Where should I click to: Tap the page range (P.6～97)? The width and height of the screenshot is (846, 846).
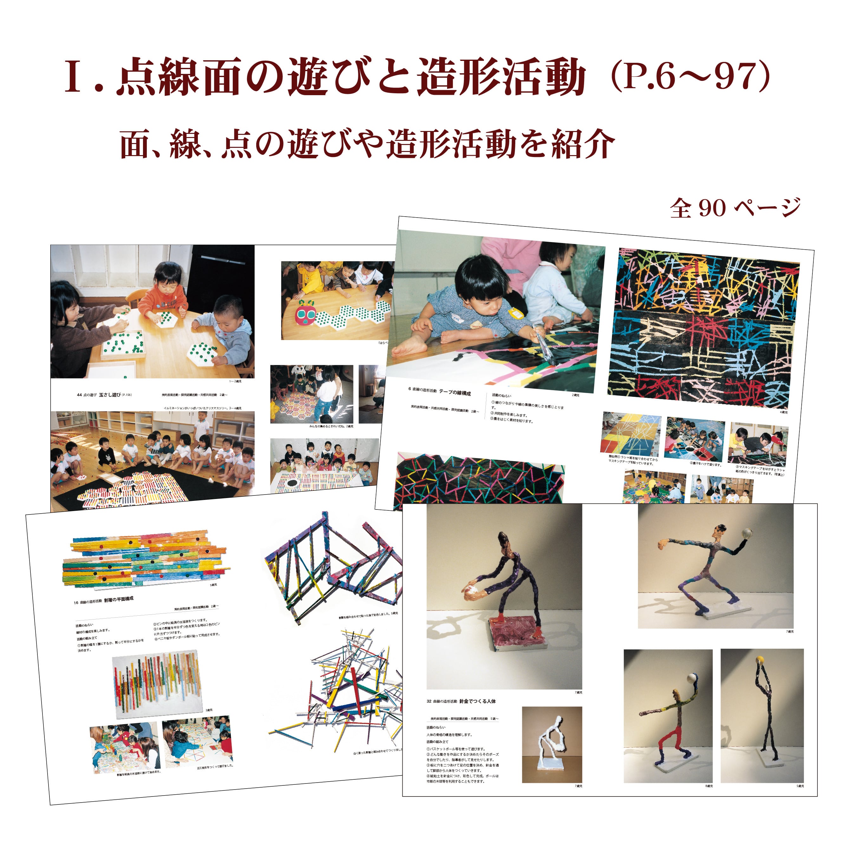click(x=690, y=77)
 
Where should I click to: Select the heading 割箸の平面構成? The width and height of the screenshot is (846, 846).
click(x=119, y=599)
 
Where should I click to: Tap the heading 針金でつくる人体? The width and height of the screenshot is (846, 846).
click(x=477, y=701)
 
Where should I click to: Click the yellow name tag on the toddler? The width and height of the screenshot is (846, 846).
click(x=516, y=313)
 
